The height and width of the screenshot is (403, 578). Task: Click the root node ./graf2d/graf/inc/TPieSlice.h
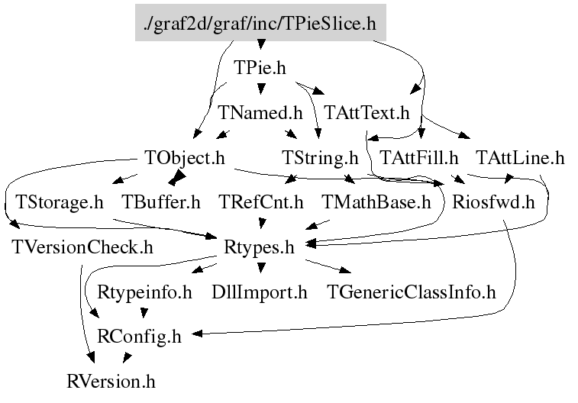pyautogui.click(x=260, y=23)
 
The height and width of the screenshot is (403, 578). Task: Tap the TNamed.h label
pyautogui.click(x=260, y=113)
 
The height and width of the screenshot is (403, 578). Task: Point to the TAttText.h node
pyautogui.click(x=367, y=113)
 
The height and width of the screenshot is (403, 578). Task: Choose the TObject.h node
pyautogui.click(x=184, y=158)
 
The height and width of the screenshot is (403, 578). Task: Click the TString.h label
pyautogui.click(x=320, y=158)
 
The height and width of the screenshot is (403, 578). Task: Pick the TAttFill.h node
pyautogui.click(x=419, y=158)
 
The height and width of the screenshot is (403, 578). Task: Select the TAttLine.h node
pyautogui.click(x=520, y=158)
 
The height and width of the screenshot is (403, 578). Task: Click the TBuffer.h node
pyautogui.click(x=161, y=202)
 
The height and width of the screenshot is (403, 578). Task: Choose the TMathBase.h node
pyautogui.click(x=376, y=202)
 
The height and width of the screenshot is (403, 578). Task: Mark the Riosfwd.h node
pyautogui.click(x=492, y=202)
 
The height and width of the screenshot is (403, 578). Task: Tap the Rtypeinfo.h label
pyautogui.click(x=145, y=292)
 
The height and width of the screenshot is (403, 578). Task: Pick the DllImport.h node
pyautogui.click(x=260, y=292)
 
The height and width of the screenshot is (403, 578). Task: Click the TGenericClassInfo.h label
pyautogui.click(x=411, y=292)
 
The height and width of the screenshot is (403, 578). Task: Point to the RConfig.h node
pyautogui.click(x=140, y=336)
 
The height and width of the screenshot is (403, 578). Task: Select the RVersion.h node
pyautogui.click(x=111, y=380)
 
